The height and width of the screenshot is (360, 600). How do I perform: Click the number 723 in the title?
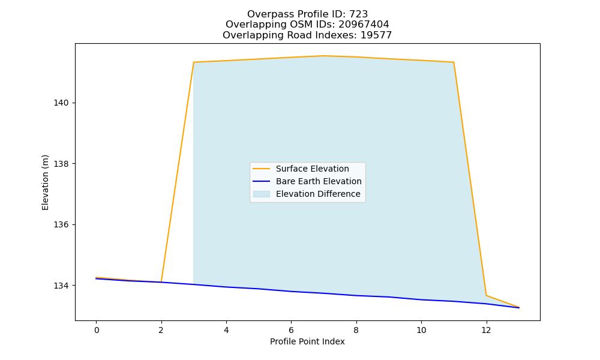[359, 14]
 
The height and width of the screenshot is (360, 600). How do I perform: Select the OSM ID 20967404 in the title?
[364, 25]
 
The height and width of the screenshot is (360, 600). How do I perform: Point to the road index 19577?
[376, 35]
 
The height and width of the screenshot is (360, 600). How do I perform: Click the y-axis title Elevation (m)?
[45, 182]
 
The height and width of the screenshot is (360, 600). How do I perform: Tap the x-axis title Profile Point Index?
[307, 341]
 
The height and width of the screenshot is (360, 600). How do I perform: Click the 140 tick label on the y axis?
[61, 103]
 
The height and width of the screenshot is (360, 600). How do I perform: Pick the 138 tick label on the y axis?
[61, 164]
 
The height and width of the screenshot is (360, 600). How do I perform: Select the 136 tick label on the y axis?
[61, 225]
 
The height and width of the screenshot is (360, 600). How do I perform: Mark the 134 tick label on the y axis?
[61, 286]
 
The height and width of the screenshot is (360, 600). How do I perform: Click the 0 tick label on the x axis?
[97, 330]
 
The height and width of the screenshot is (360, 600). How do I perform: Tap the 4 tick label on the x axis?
[226, 330]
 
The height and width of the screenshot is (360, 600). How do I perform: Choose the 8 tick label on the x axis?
[356, 330]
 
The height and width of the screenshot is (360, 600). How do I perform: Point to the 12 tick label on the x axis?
[486, 330]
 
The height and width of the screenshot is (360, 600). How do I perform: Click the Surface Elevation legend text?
[312, 169]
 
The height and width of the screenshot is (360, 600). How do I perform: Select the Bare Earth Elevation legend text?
[319, 181]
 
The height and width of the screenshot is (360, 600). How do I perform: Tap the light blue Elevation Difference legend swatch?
[262, 194]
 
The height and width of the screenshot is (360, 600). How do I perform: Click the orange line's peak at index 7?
[324, 56]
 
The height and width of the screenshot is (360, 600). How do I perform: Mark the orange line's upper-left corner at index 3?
[194, 62]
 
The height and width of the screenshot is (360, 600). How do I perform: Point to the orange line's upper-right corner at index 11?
[454, 62]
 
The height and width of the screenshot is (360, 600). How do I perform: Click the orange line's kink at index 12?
[487, 295]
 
